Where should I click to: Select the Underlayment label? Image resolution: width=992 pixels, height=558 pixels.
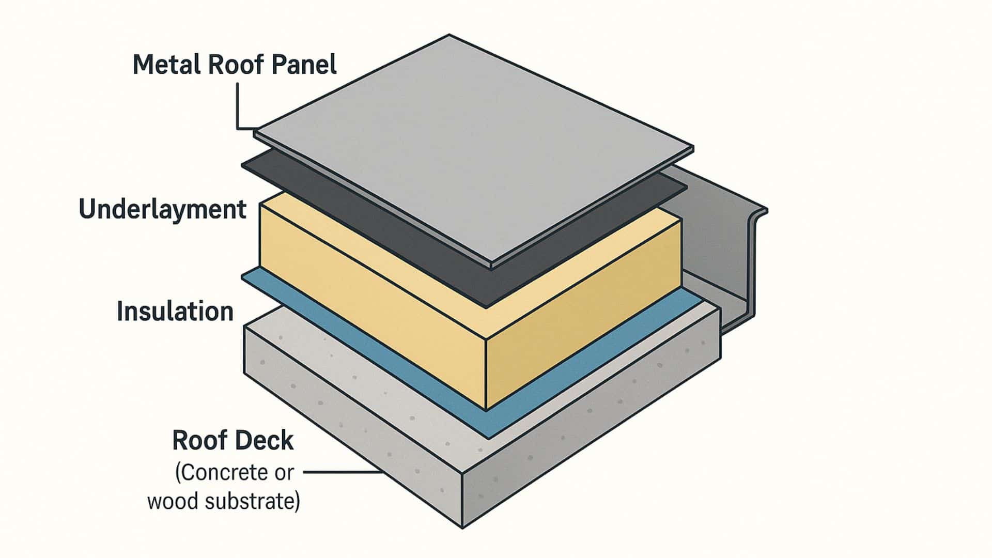point(163,210)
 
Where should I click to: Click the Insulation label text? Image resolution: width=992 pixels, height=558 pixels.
point(175,312)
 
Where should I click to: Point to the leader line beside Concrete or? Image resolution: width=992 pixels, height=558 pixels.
point(341,472)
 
